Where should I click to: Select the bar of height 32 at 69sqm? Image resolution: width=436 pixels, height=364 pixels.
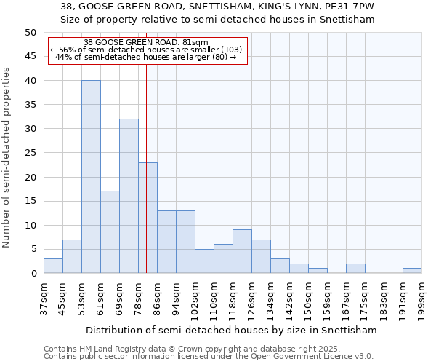coord(129,196)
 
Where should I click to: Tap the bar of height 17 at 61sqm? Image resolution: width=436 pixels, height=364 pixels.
coord(110,232)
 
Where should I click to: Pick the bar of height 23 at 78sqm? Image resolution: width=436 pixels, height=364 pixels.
coord(148,218)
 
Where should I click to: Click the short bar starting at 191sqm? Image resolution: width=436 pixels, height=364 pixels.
coord(412,271)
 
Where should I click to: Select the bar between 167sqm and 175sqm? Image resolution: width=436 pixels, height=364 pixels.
coord(355,269)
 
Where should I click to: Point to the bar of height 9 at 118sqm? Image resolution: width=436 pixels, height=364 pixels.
coord(242,251)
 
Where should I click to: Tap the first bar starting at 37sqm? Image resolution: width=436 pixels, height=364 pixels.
coord(53,266)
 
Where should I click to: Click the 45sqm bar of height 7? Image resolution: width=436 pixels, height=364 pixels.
coord(72,256)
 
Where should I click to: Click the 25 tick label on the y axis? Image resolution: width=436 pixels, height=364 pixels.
coord(31,153)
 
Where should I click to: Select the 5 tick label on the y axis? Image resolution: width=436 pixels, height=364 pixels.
coord(33,249)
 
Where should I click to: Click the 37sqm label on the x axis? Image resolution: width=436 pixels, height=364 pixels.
coord(44,296)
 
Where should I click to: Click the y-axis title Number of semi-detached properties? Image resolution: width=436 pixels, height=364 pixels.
coord(7,157)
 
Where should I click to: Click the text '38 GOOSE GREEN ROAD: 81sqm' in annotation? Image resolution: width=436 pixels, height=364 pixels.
coord(146,43)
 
